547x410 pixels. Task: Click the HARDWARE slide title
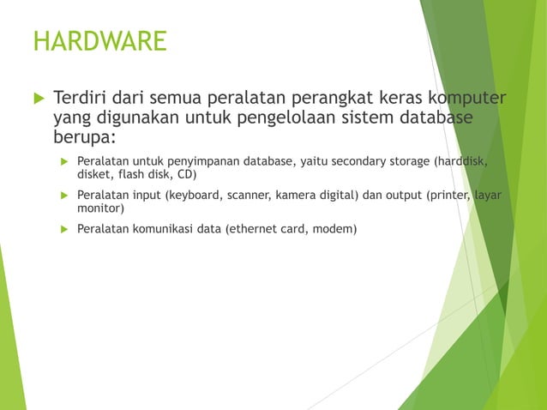[x=99, y=41]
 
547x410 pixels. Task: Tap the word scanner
[x=249, y=195]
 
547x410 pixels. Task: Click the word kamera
[x=296, y=195]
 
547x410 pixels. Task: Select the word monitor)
[x=101, y=208]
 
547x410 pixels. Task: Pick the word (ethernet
[x=255, y=229]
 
